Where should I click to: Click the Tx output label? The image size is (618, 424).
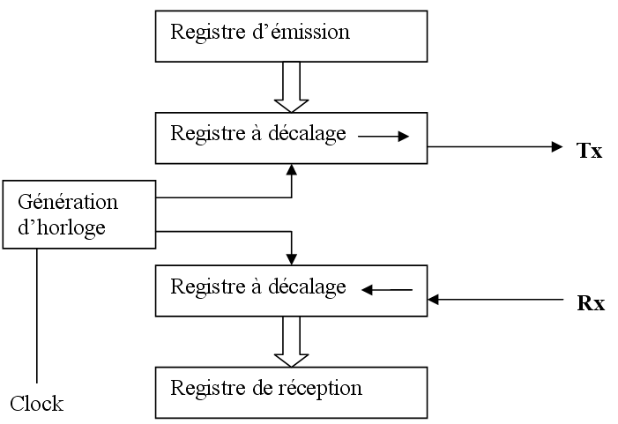point(589,151)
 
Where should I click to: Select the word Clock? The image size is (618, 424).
point(36,404)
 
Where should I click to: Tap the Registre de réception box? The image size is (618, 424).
point(291,392)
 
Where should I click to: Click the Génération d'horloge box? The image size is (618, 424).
point(78,214)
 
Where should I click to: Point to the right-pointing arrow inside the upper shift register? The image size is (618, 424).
point(384,137)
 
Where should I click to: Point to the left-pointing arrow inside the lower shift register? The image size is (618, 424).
point(388,288)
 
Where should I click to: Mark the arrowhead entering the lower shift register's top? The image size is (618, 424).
point(291,257)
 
